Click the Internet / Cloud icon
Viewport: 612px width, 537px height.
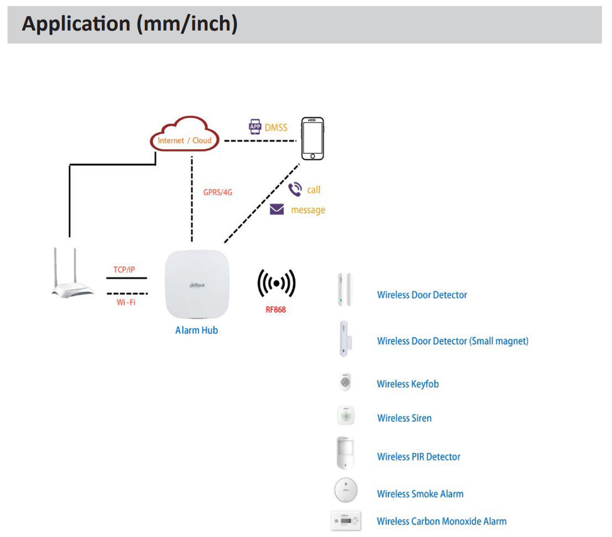pyautogui.click(x=185, y=135)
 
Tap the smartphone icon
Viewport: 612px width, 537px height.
pyautogui.click(x=312, y=138)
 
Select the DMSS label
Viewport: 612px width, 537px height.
pyautogui.click(x=276, y=128)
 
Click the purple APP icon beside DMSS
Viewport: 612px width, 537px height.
pyautogui.click(x=255, y=127)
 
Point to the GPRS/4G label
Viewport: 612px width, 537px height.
pyautogui.click(x=218, y=192)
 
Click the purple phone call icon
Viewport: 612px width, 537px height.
pyautogui.click(x=295, y=189)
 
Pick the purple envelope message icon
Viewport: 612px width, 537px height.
pyautogui.click(x=277, y=209)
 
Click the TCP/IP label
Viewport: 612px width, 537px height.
pyautogui.click(x=124, y=270)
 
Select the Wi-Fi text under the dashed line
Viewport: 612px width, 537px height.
pyautogui.click(x=126, y=302)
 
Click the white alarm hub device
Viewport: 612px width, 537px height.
pyautogui.click(x=196, y=285)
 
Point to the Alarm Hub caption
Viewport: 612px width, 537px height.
pyautogui.click(x=196, y=330)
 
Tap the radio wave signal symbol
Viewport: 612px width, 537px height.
pyautogui.click(x=276, y=284)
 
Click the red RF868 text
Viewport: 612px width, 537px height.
pyautogui.click(x=276, y=310)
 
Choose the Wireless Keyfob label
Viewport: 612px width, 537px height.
pyautogui.click(x=407, y=384)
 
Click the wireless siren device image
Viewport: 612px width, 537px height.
pyautogui.click(x=345, y=416)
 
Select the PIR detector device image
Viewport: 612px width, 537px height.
pyautogui.click(x=345, y=453)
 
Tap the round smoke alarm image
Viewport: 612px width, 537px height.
pyautogui.click(x=346, y=490)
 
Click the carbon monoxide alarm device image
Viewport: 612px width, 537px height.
pyautogui.click(x=346, y=521)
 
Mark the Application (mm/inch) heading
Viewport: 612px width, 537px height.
pyautogui.click(x=130, y=24)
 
